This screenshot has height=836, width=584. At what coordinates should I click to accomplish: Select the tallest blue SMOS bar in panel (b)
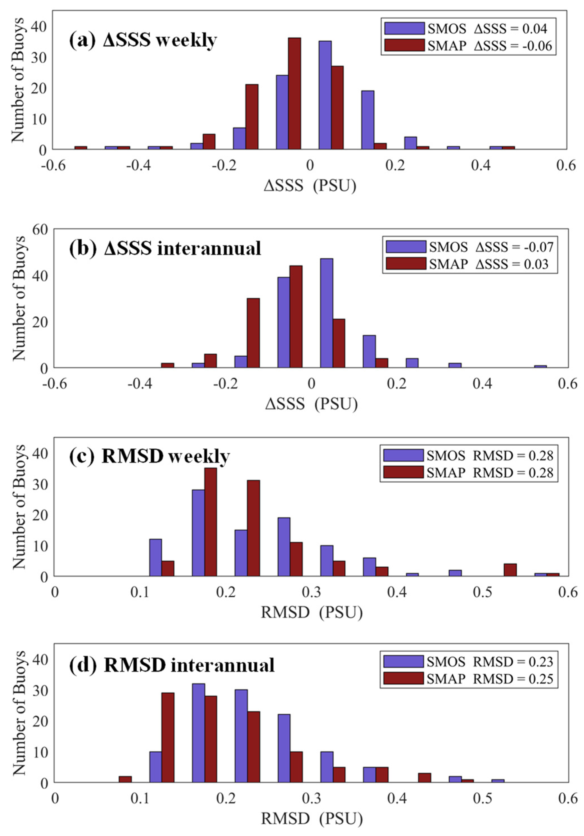tap(327, 313)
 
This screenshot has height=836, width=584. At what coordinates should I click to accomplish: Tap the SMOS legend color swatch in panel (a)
tap(404, 28)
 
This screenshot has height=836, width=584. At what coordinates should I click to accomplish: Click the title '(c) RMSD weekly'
tap(149, 456)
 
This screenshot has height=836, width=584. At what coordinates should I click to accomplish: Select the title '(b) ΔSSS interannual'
tap(165, 249)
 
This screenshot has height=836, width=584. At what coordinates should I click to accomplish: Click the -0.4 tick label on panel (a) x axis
tap(139, 166)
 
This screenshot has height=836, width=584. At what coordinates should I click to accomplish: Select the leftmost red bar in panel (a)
tap(81, 148)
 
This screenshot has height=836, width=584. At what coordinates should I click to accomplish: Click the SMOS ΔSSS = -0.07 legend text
tap(491, 247)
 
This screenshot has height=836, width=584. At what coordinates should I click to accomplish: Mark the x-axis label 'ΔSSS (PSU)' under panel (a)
tap(310, 186)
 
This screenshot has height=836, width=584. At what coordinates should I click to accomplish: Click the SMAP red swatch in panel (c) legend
tap(403, 472)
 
